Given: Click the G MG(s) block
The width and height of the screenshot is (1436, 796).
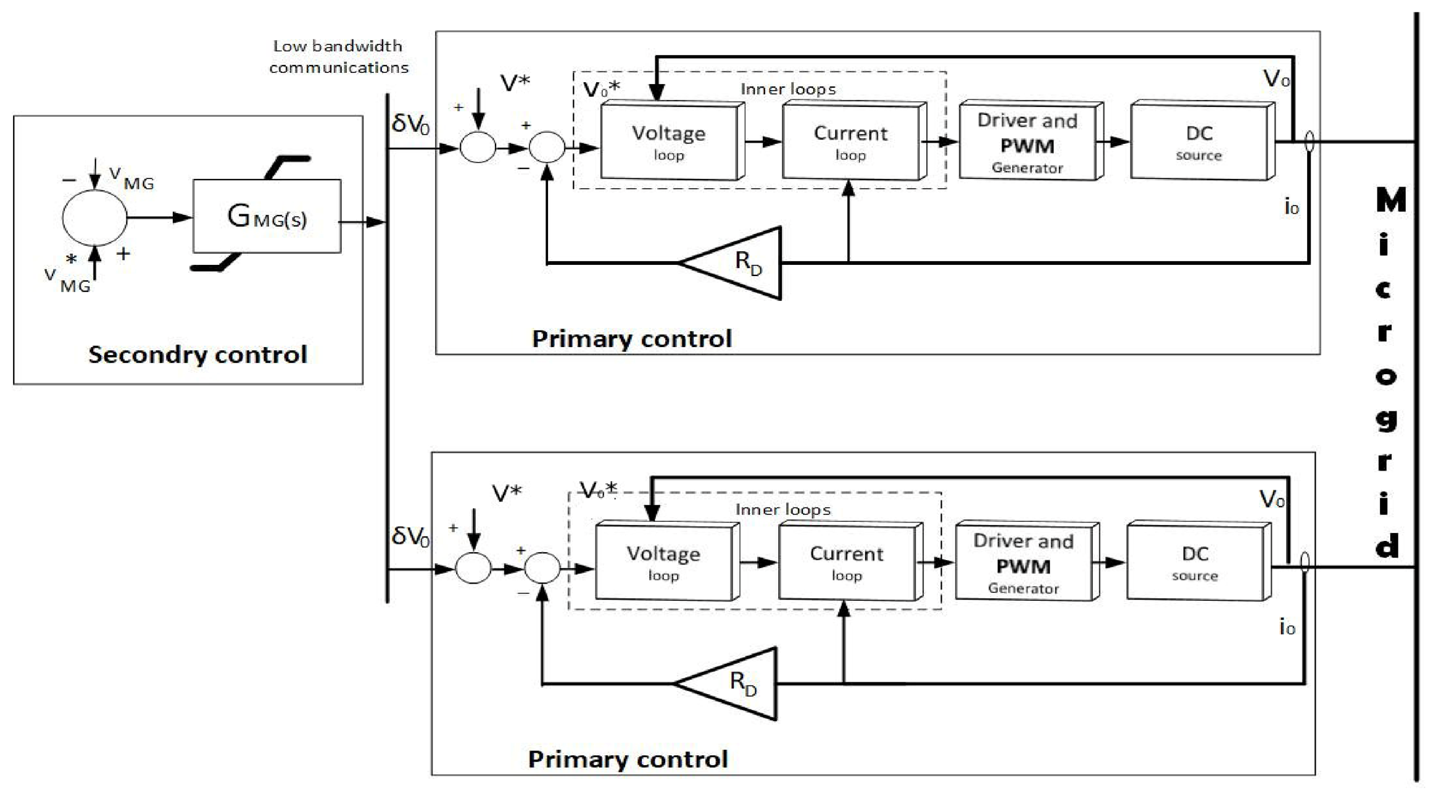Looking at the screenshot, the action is (267, 216).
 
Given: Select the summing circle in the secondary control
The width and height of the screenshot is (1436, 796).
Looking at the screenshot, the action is (94, 217).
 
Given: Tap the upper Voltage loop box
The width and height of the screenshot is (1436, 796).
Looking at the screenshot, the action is (672, 141).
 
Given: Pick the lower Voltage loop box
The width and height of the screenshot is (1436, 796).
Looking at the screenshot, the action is (667, 561).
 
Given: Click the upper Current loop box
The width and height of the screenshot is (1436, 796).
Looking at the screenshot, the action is (854, 141).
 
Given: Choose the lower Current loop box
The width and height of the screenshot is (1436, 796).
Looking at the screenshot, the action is (850, 561).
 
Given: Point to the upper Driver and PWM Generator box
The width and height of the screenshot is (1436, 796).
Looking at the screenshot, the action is (1031, 140).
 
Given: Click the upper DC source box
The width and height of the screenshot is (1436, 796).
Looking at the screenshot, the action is (1202, 140).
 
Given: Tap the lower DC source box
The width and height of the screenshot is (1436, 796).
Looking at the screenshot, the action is (1198, 561).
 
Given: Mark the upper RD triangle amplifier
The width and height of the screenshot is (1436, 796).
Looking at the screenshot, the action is (731, 263).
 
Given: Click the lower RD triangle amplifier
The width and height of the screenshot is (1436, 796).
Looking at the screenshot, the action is (726, 684).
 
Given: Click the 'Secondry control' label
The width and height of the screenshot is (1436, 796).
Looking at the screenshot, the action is (197, 354).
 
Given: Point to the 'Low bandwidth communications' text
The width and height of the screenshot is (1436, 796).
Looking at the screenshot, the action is (338, 56).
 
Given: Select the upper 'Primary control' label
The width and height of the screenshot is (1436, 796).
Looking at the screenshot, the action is (632, 338).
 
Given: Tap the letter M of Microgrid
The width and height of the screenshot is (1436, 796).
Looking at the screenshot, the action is (1391, 199).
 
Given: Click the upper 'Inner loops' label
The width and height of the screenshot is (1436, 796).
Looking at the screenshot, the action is (788, 90).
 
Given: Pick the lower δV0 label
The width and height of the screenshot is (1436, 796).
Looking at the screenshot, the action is (410, 536).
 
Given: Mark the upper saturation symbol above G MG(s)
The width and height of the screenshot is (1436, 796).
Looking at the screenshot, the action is (288, 167).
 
